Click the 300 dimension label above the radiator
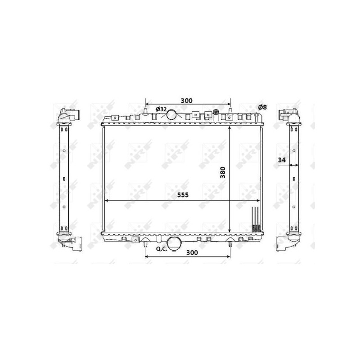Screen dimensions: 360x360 (186, 100)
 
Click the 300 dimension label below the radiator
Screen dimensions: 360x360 (192, 252)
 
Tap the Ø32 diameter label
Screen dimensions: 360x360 (161, 109)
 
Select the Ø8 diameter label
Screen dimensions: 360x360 (262, 107)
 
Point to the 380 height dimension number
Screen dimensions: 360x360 (223, 172)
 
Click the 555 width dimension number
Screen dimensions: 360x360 (183, 195)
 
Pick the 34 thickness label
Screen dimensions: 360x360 (282, 160)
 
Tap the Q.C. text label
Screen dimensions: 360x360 (162, 249)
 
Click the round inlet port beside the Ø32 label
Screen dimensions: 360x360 (171, 114)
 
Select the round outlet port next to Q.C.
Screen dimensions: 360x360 (174, 244)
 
